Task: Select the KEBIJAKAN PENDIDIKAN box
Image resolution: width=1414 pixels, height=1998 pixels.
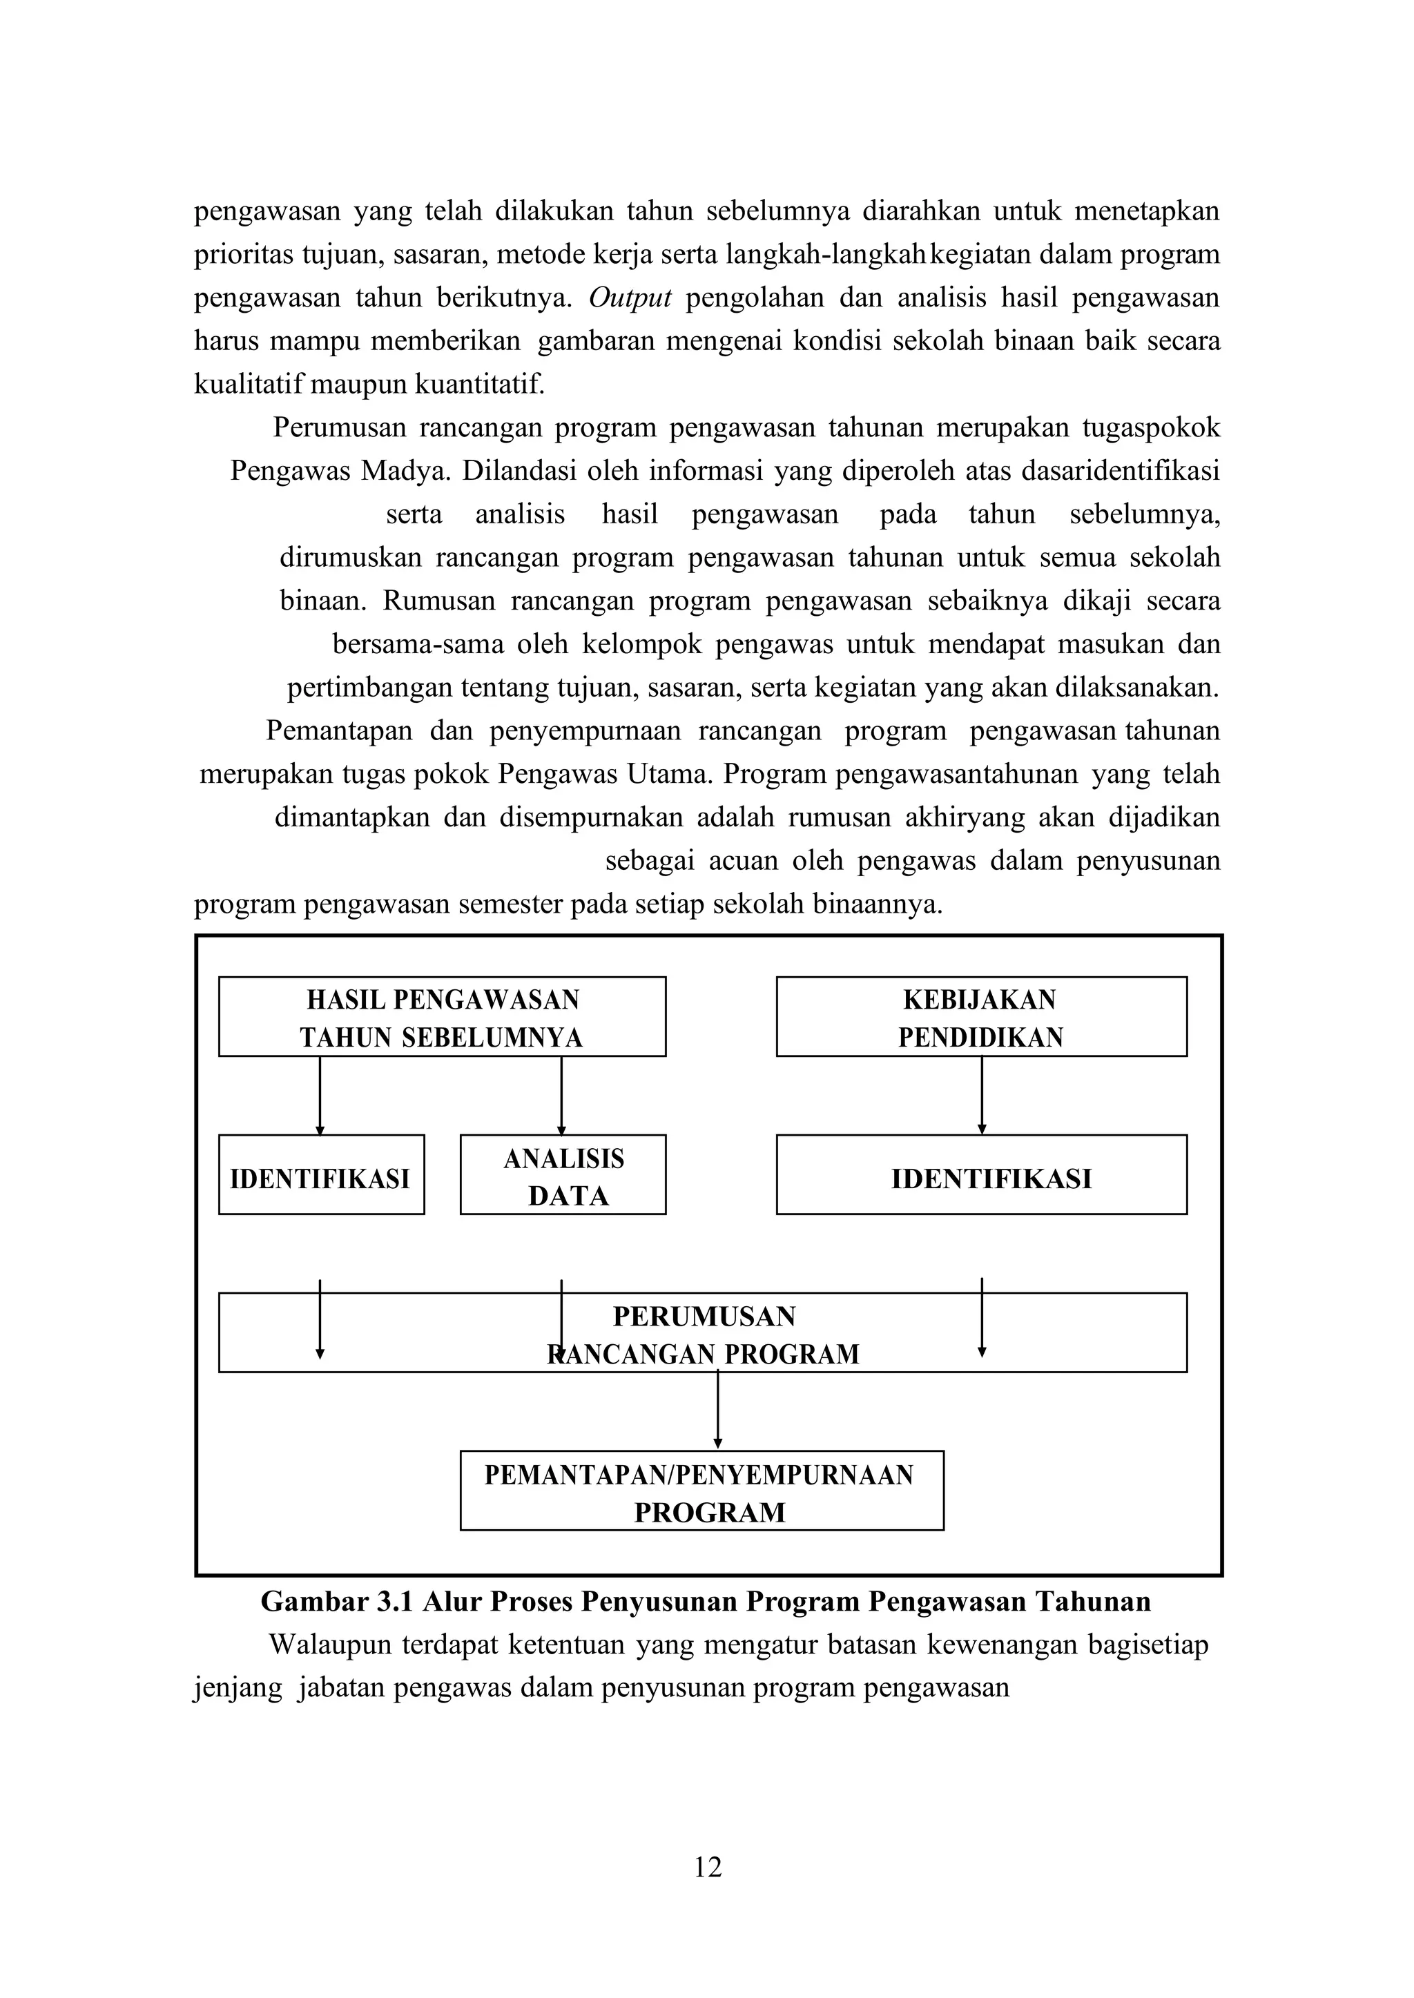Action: (980, 1017)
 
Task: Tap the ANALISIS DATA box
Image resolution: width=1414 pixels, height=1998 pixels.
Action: (563, 1174)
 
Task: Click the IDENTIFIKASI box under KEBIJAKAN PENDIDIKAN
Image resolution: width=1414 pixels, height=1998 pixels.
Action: (980, 1174)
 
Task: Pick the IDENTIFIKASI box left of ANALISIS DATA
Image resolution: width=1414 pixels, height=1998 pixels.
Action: (320, 1174)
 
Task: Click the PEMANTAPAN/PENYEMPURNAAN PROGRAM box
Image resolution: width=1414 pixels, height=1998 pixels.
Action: (701, 1492)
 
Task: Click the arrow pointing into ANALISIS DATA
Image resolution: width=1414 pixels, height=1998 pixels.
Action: (561, 1095)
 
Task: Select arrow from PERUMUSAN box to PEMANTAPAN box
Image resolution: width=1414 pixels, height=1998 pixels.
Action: (717, 1410)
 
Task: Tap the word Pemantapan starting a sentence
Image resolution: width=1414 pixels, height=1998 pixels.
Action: (339, 730)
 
